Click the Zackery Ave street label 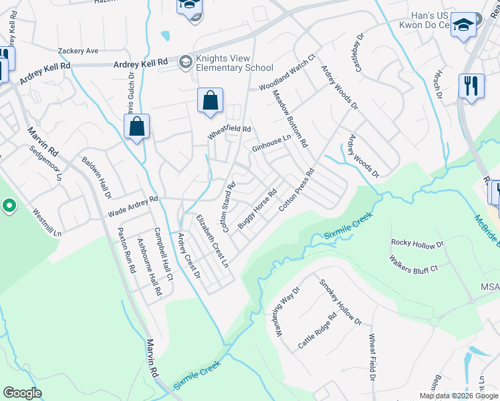[78, 50]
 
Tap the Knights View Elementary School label [234, 63]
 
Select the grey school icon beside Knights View [185, 63]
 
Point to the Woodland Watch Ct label [286, 74]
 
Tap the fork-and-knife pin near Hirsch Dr [471, 86]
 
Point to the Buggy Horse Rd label [257, 211]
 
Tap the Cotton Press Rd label [296, 190]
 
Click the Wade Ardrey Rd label [132, 207]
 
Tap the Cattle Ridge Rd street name [316, 332]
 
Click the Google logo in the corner [22, 392]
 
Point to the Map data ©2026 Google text [458, 396]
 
